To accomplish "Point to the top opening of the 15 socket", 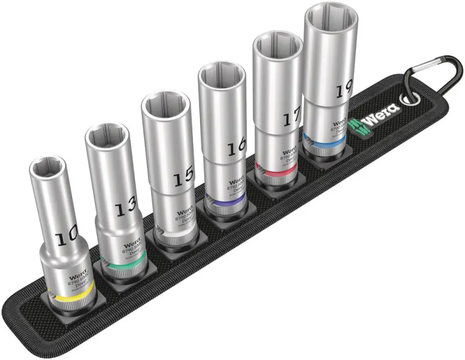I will coord(165,106).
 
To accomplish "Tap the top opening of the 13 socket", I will coord(106,136).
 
